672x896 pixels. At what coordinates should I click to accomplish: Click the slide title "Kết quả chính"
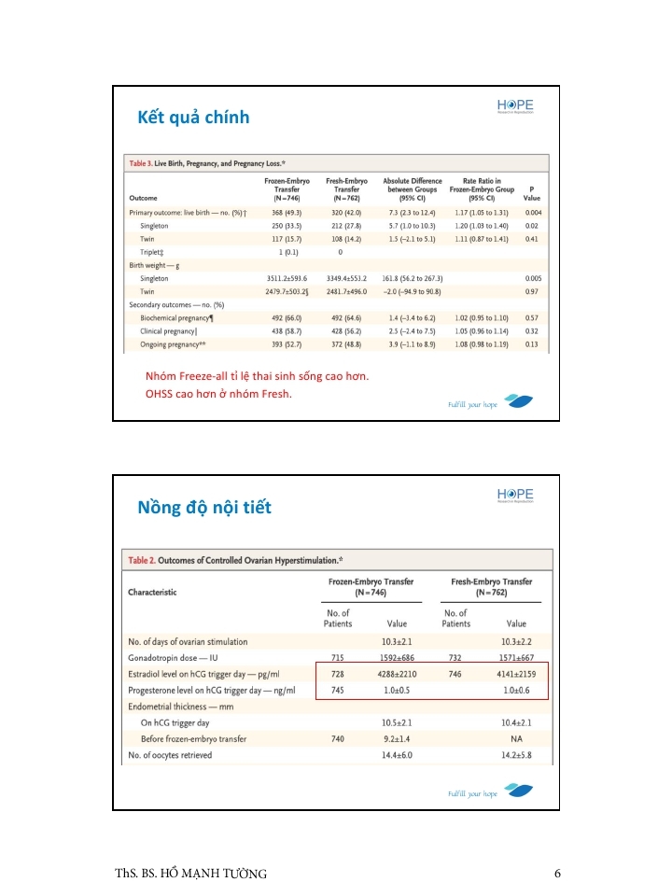[193, 118]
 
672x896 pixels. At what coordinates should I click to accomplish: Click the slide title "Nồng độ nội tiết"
[204, 508]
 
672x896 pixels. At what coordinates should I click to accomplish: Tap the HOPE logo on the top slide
[515, 105]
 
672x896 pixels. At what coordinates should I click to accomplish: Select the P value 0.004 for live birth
[532, 213]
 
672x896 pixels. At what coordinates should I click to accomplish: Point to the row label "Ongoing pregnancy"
[173, 345]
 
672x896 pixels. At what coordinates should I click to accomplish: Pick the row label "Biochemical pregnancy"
[177, 318]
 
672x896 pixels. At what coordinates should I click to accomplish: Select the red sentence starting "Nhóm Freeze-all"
[257, 376]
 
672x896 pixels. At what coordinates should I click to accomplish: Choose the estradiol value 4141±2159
[515, 674]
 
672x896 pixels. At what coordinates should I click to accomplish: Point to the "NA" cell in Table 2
[515, 739]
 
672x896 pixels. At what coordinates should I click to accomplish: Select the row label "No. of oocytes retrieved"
[170, 755]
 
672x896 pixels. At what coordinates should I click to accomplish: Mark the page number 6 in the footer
[557, 874]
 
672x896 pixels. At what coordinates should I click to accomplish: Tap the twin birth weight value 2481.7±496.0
[346, 292]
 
